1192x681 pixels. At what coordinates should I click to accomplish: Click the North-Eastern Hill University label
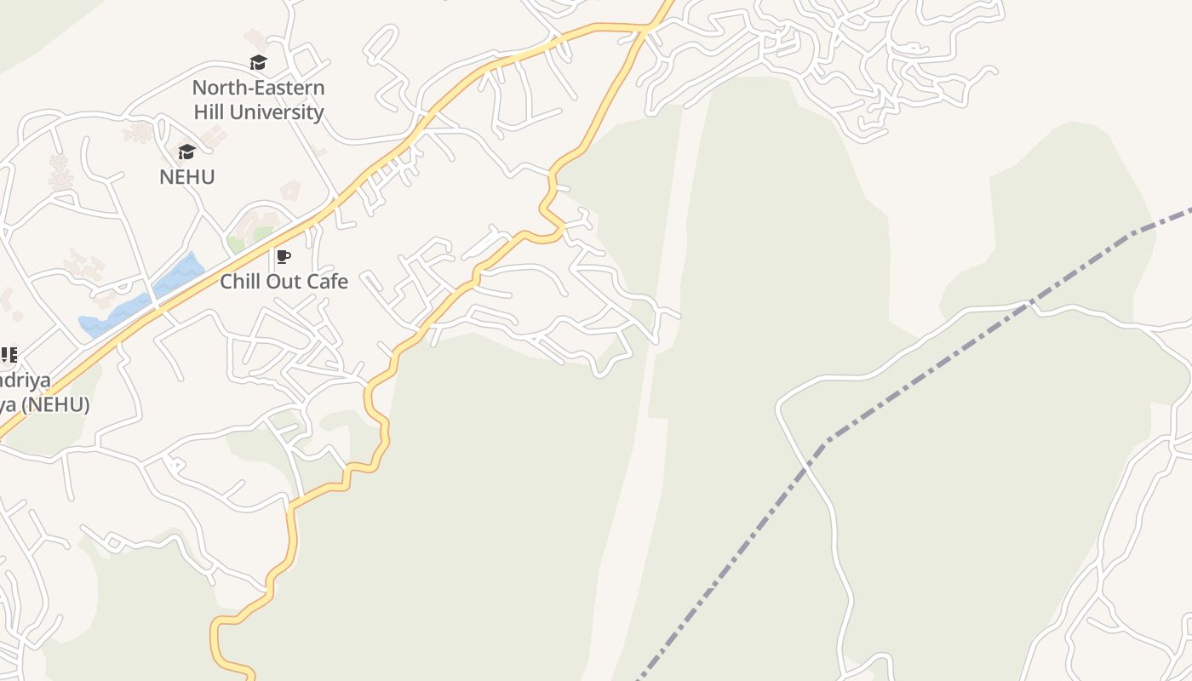(258, 100)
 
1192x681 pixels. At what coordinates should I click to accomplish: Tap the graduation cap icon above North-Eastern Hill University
(258, 62)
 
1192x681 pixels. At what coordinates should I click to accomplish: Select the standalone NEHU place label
(187, 177)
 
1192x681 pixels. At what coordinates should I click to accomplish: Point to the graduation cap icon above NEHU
(186, 152)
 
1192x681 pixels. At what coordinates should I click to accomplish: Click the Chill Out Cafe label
(284, 281)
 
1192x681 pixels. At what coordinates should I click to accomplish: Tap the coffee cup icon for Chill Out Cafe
(284, 256)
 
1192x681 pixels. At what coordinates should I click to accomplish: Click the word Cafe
(328, 281)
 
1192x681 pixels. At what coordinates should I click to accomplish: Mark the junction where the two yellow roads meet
(648, 29)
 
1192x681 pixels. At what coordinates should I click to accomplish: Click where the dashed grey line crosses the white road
(1032, 302)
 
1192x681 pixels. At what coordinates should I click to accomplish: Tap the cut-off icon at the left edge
(9, 355)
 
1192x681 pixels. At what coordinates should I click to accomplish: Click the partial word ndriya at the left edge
(25, 381)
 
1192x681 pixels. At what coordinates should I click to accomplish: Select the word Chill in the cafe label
(240, 281)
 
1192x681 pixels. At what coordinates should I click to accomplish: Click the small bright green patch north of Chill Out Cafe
(236, 244)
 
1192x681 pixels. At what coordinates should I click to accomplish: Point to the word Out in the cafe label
(284, 281)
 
